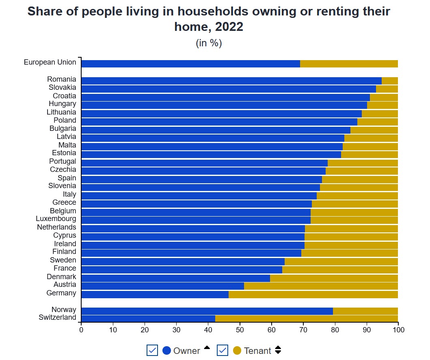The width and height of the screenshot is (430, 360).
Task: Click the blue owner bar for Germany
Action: (155, 294)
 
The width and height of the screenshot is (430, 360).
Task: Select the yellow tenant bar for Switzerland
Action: (307, 319)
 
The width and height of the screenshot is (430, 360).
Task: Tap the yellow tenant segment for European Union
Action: (349, 63)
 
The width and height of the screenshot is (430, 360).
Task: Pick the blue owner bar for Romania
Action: (231, 80)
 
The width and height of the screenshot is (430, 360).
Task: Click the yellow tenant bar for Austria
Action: (321, 286)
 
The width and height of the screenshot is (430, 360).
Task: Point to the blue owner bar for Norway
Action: (207, 311)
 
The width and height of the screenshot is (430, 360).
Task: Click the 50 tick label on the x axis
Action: (240, 330)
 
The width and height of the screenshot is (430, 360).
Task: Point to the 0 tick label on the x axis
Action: (81, 330)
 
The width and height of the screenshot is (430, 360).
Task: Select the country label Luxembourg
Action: (56, 219)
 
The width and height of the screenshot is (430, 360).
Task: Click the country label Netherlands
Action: (56, 227)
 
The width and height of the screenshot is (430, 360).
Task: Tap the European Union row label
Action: (50, 62)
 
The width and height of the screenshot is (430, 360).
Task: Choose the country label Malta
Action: (67, 145)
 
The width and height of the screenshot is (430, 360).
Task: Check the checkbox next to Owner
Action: (152, 350)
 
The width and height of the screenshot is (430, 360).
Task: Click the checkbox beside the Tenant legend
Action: (223, 350)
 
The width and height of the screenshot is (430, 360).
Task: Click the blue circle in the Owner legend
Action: (166, 350)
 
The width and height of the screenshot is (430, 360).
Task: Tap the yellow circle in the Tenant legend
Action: (237, 350)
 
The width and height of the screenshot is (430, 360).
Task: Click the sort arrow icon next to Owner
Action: (207, 348)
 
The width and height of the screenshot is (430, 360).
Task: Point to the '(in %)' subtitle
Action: (209, 43)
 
